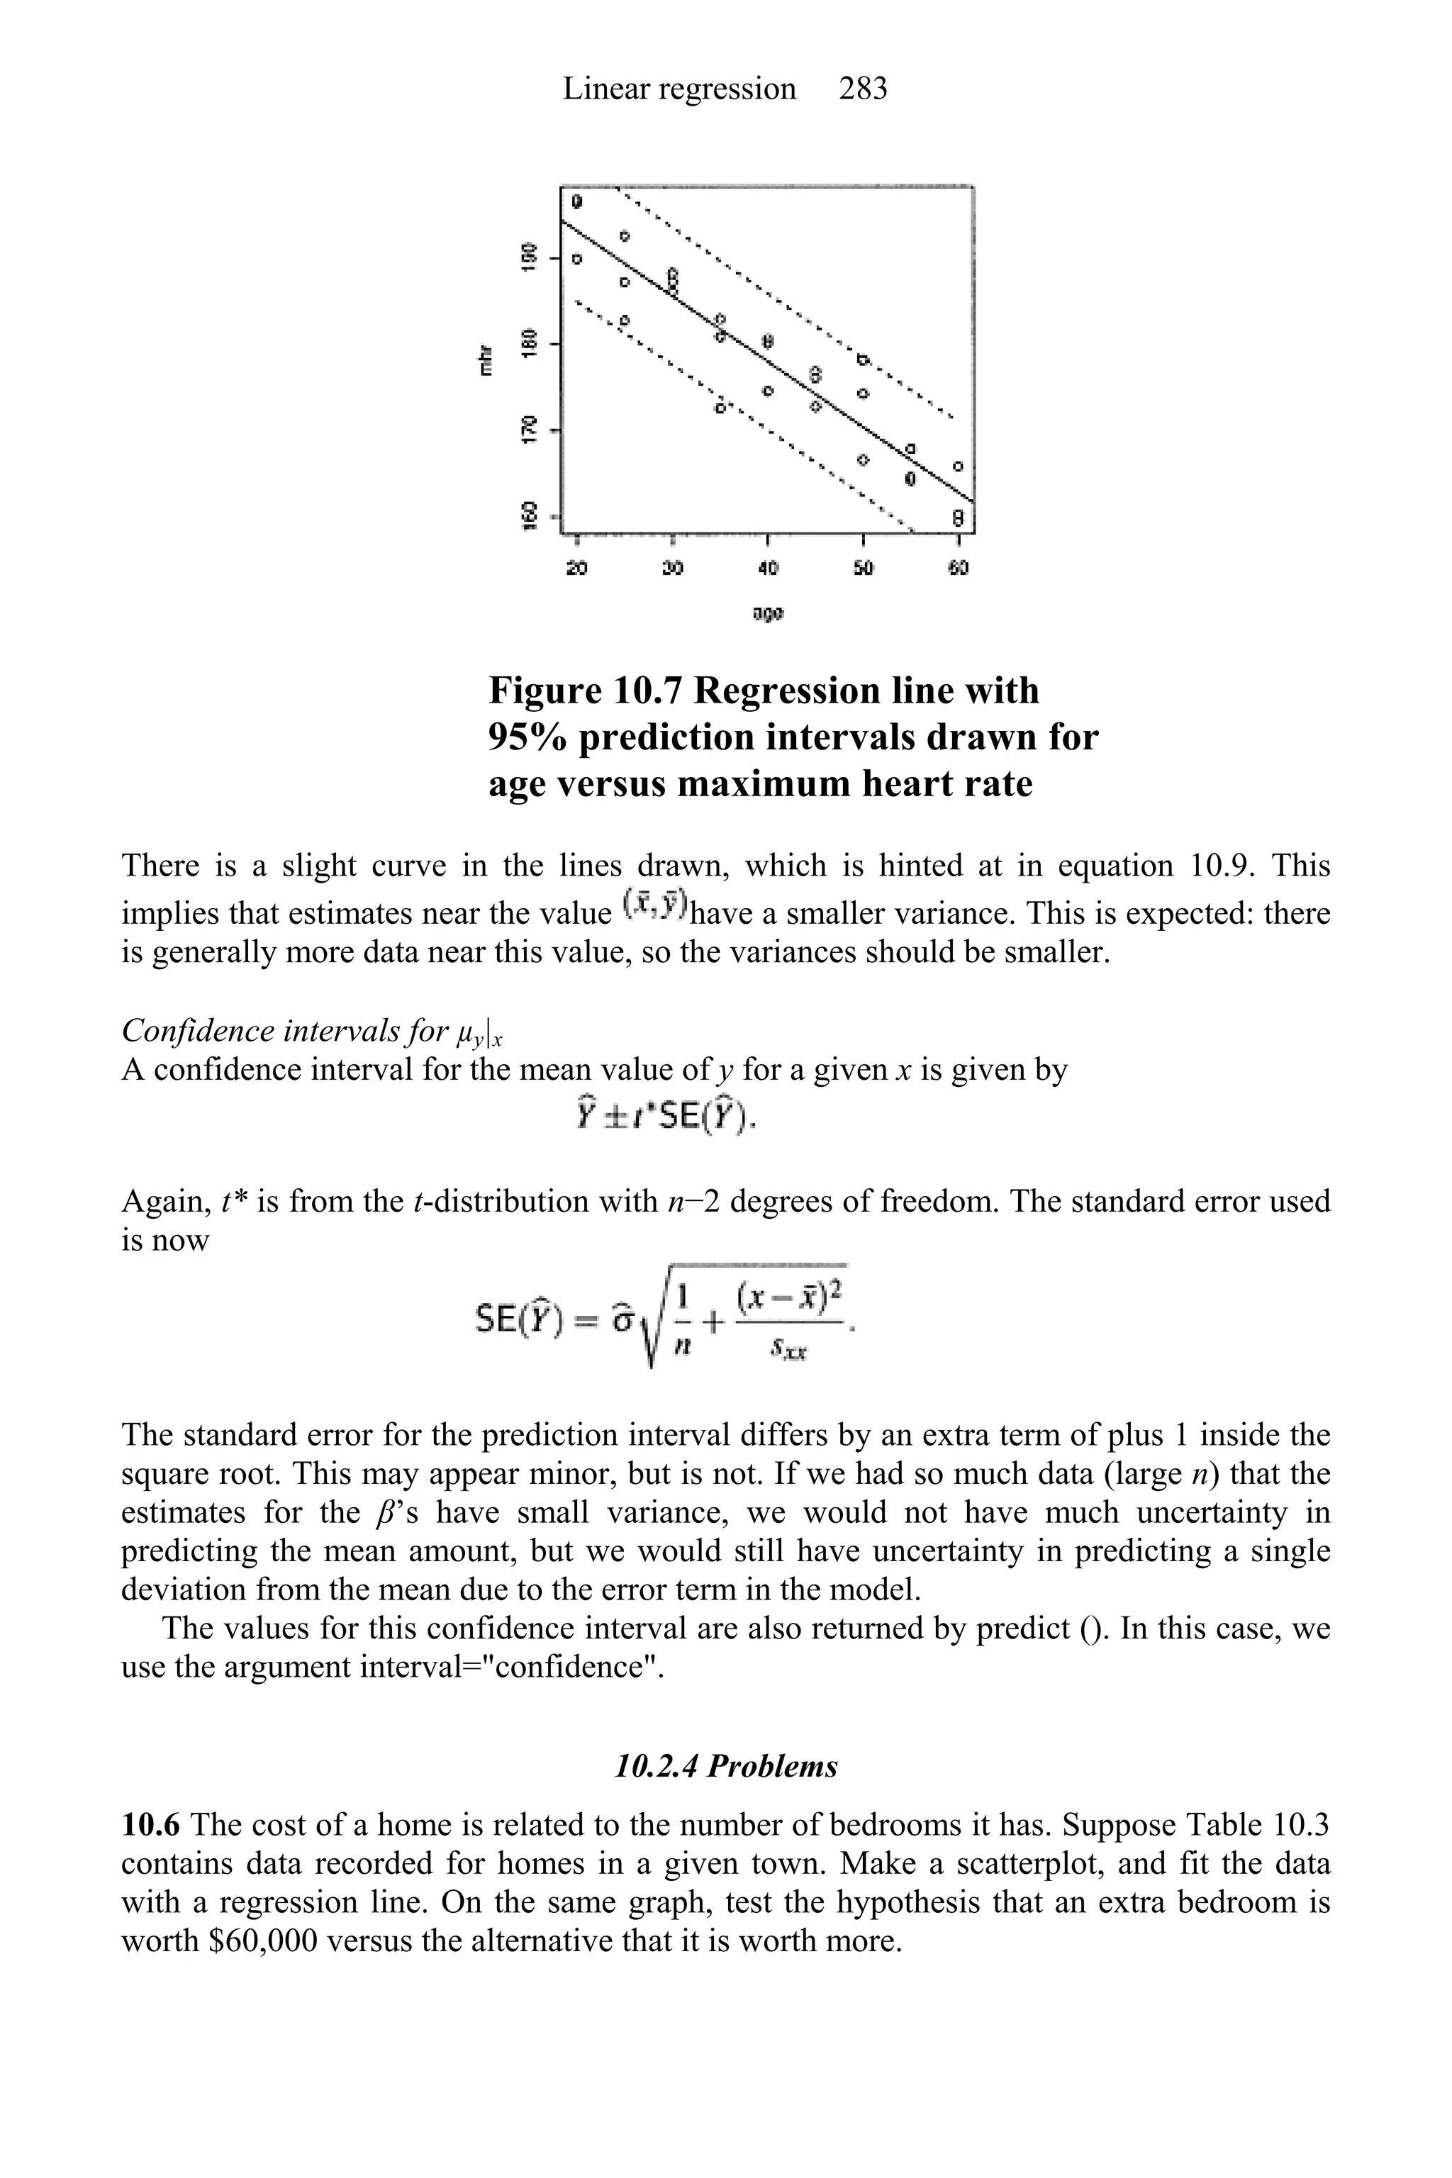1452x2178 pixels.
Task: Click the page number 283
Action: tap(862, 89)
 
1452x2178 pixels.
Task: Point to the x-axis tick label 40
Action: tap(768, 568)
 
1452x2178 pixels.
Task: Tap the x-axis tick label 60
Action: tap(959, 568)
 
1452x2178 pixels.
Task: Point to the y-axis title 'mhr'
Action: tap(484, 359)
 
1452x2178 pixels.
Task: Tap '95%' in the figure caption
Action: tap(529, 737)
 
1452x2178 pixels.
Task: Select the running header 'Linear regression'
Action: tap(678, 89)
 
